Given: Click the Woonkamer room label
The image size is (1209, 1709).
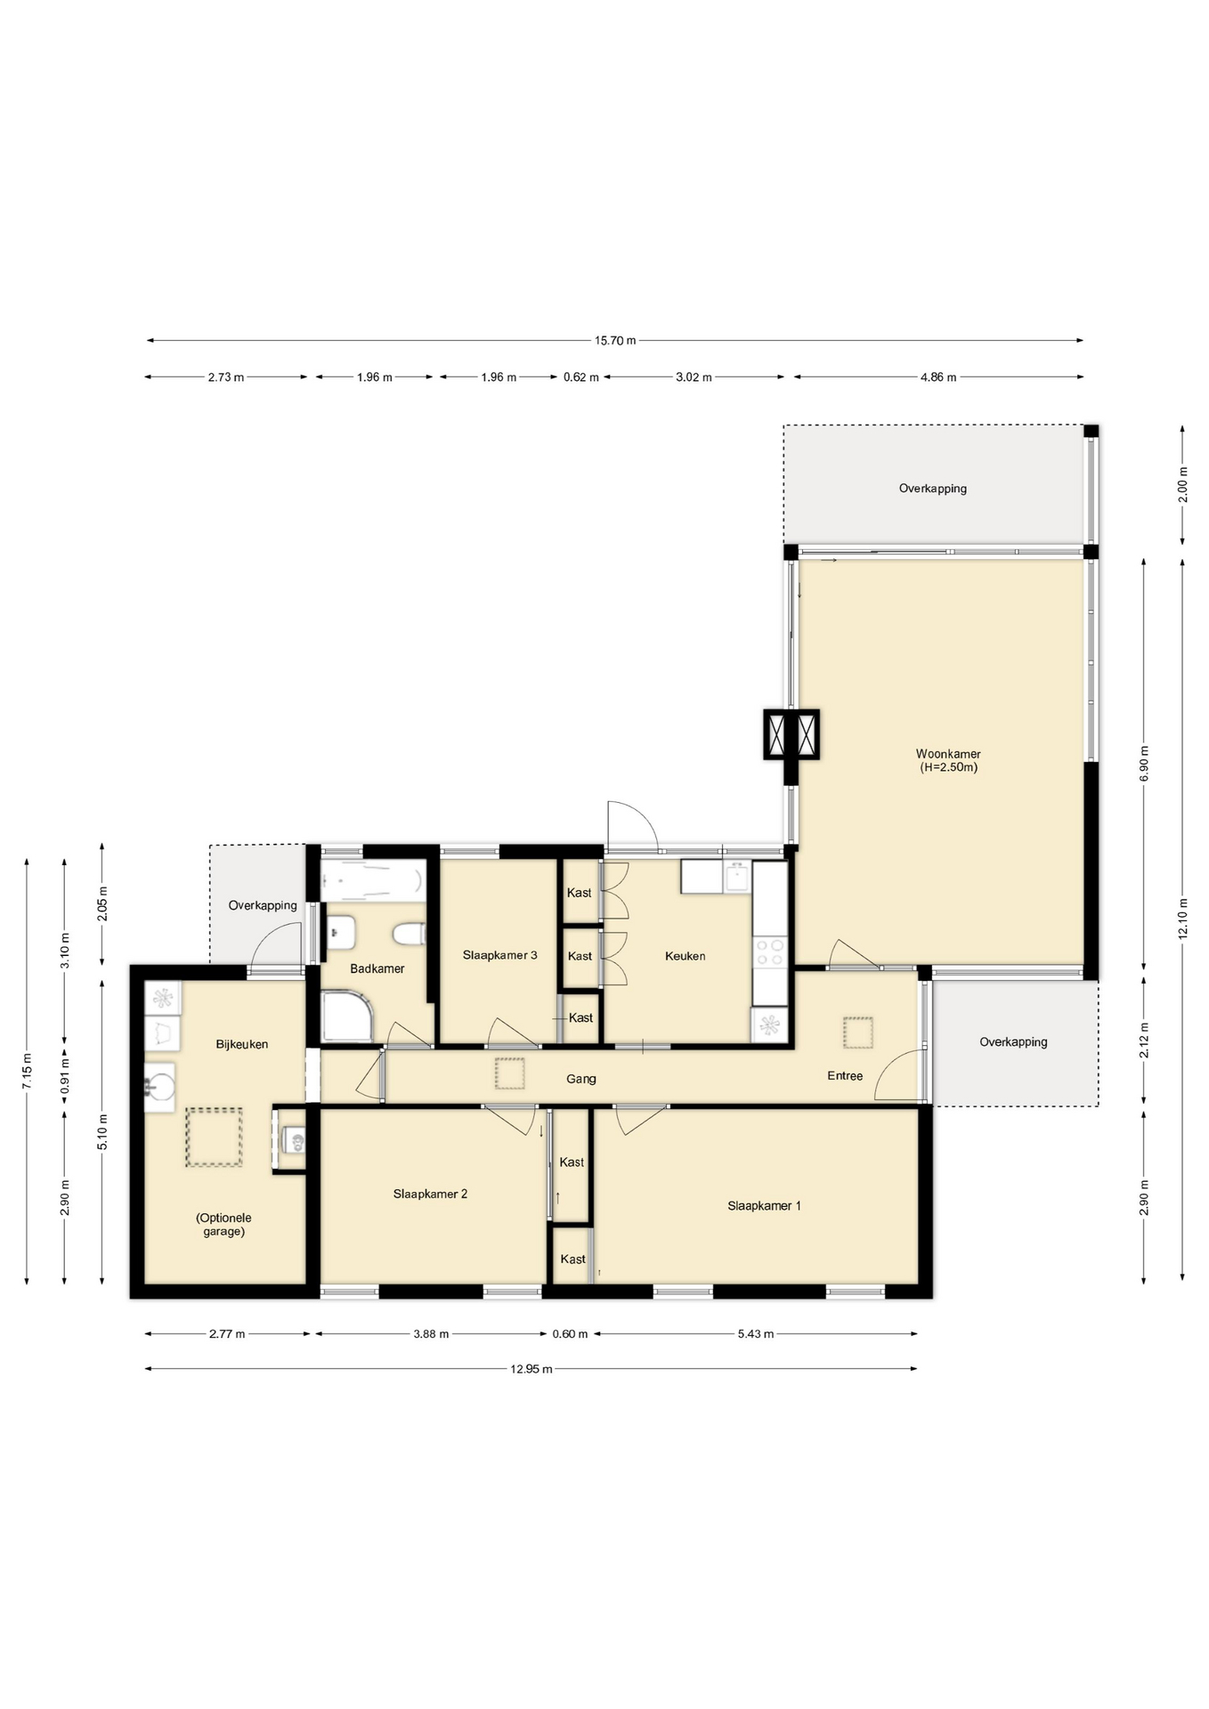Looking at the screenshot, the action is (948, 754).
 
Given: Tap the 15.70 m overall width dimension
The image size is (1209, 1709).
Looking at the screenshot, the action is (615, 340).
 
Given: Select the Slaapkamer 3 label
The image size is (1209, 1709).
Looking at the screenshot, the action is (499, 955).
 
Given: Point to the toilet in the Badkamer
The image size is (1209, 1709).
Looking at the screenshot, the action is (409, 934).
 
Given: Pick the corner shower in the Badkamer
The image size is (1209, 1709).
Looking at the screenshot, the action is (348, 1016).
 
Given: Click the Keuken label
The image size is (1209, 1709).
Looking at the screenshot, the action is (685, 956).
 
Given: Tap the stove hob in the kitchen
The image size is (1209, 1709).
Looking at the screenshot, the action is (770, 952).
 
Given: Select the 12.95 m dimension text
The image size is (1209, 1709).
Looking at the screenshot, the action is (531, 1369).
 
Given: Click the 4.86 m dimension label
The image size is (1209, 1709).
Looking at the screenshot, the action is (938, 377).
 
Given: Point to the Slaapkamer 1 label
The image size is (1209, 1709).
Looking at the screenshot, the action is (764, 1206).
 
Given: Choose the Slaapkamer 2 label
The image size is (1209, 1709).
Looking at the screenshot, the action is (430, 1194).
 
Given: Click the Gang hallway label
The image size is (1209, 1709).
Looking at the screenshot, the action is (581, 1079).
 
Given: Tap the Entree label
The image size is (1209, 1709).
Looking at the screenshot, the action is (845, 1076).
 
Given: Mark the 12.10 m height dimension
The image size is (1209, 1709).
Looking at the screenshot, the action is (1182, 919).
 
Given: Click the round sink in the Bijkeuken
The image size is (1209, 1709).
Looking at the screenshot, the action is (160, 1087).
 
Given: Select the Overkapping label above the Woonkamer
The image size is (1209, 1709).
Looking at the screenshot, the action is (932, 489).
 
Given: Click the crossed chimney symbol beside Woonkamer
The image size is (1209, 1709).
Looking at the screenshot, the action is (791, 734).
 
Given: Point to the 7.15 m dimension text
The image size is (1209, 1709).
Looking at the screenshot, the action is (27, 1071).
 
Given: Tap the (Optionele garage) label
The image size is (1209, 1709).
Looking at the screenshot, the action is (223, 1225).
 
